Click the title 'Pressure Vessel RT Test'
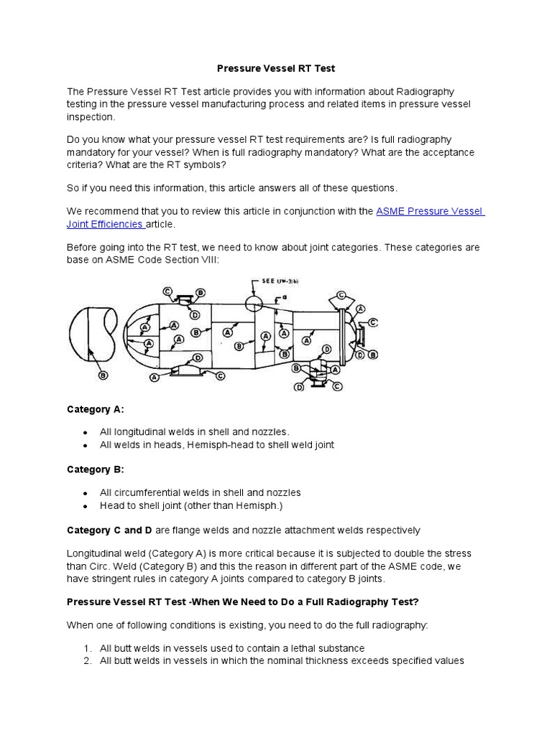tap(277, 69)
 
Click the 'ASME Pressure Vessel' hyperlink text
tap(431, 211)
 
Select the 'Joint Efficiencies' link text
tap(106, 224)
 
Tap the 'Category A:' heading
tap(95, 409)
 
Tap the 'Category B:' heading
tap(95, 469)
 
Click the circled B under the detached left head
tap(103, 375)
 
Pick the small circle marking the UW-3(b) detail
tap(254, 302)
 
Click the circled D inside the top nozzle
tap(194, 314)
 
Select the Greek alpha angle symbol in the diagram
tap(285, 296)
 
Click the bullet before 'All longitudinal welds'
tap(85, 432)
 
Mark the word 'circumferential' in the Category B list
tap(149, 492)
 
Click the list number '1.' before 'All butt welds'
tap(87, 647)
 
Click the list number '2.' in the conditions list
tap(87, 660)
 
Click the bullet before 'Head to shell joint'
tap(85, 505)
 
